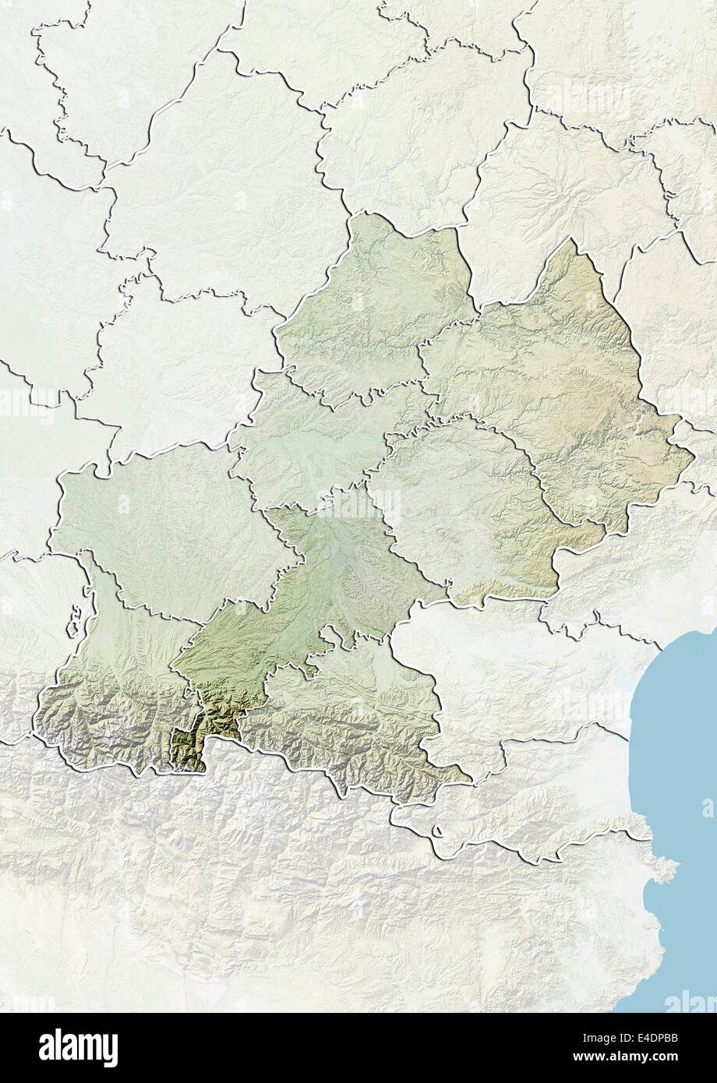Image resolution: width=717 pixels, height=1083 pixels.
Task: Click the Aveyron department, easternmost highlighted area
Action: coord(553,390)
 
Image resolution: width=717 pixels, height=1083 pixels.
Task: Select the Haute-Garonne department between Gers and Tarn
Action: coord(312,592)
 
